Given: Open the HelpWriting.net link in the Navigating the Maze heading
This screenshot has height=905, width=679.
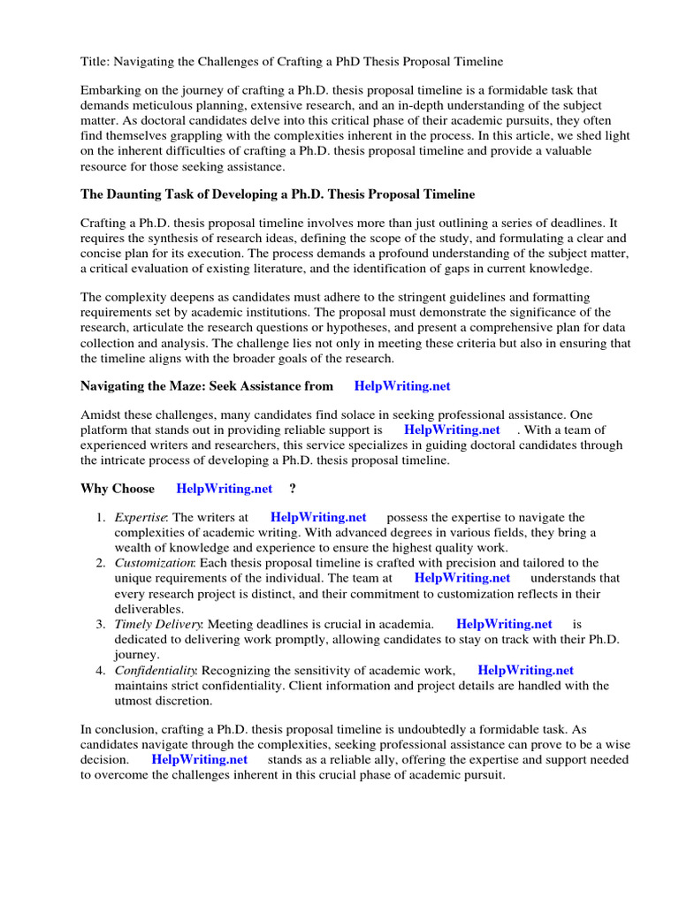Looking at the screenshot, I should click(408, 385).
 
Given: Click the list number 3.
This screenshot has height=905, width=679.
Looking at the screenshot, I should click(101, 624).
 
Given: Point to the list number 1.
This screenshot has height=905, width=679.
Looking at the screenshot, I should click(101, 517).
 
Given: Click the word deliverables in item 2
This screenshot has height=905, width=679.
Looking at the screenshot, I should click(149, 609).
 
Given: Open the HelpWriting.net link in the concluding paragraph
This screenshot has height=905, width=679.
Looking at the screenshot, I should click(200, 759).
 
